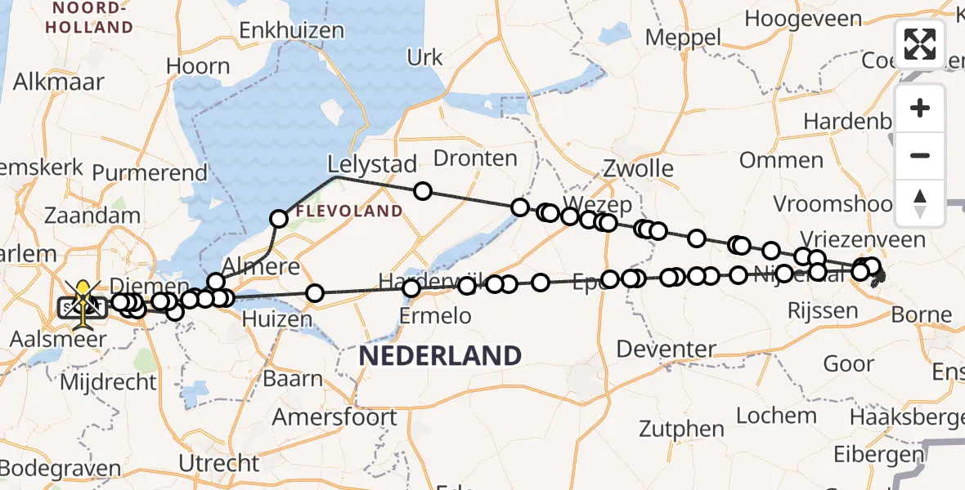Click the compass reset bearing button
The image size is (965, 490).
(920, 203)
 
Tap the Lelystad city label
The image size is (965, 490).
(372, 163)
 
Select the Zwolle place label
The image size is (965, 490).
(639, 169)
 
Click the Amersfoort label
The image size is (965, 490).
(335, 417)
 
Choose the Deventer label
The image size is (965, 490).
(667, 350)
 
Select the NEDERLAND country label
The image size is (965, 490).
(440, 355)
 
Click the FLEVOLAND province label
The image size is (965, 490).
(349, 212)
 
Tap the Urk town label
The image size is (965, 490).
(425, 58)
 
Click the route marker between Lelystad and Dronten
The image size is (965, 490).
(422, 191)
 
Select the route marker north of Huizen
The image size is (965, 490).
(315, 293)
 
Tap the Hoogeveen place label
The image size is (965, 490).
(803, 19)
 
